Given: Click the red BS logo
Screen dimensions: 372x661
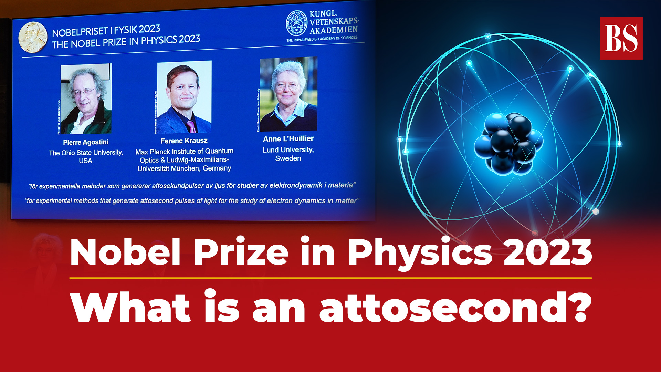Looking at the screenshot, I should [621, 38].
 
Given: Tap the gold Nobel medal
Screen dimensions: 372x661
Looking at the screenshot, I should [32, 37].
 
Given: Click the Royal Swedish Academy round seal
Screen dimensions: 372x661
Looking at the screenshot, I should [296, 23].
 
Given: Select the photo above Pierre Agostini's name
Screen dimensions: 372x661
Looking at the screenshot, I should [86, 99].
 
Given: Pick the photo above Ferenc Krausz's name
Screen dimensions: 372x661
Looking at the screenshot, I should [184, 97].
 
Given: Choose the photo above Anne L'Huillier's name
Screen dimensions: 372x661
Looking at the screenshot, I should [288, 94].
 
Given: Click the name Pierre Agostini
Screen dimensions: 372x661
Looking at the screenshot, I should [86, 142].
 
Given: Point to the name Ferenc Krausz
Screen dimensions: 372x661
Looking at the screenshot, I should [184, 141].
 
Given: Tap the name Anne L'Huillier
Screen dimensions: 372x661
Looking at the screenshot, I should [288, 139].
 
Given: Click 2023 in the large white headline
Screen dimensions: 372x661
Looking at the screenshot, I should [547, 252].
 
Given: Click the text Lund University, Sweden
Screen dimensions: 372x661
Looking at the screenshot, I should [288, 154].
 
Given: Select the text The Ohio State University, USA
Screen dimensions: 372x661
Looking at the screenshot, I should [86, 157].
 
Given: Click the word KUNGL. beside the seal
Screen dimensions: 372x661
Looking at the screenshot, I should [323, 14].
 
